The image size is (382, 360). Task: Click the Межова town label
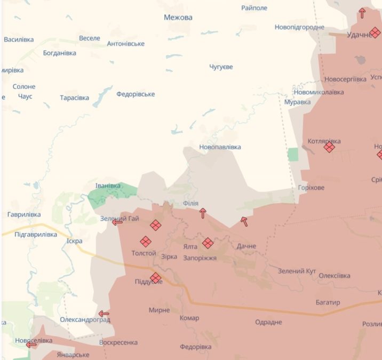point(178,18)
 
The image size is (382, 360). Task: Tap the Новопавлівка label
point(219,147)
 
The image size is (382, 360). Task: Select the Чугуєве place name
point(221,67)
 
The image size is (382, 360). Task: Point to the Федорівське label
point(136,94)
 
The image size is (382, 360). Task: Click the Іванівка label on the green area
point(108,186)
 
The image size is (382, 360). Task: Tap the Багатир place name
point(328,302)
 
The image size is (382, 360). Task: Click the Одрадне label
point(268,322)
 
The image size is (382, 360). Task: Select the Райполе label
point(254,8)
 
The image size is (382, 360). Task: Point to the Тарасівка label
point(74,98)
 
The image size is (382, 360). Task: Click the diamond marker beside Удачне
point(375,33)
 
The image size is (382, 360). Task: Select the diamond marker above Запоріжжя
point(208,243)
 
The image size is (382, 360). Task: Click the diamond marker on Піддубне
point(155,278)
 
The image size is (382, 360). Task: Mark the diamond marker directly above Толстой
point(145,242)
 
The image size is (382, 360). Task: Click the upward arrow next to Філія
point(202,213)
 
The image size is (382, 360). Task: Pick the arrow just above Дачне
point(244,221)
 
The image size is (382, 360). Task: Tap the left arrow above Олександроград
point(104,314)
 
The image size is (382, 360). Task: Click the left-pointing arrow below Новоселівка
point(31,345)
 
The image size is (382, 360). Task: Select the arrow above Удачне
point(362,13)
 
